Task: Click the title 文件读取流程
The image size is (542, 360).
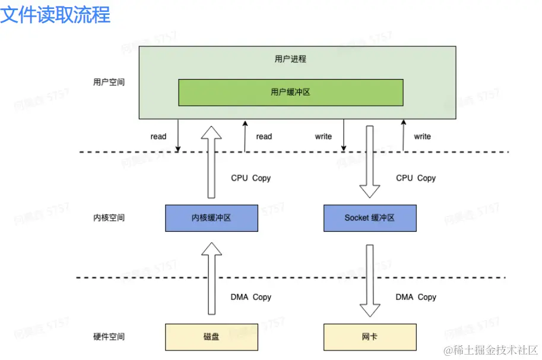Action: (x=55, y=14)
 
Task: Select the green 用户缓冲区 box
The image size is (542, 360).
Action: (x=291, y=92)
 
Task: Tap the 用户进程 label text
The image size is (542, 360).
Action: (x=290, y=59)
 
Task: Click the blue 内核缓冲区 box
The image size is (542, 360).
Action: (x=211, y=218)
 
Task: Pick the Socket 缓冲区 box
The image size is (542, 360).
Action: (x=370, y=218)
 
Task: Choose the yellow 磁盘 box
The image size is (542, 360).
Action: (x=211, y=337)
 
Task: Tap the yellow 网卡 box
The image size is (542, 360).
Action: (x=370, y=337)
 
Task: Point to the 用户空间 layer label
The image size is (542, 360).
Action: (x=109, y=82)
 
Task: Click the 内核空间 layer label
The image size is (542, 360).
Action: (x=109, y=218)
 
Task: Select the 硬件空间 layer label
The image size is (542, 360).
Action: (x=109, y=337)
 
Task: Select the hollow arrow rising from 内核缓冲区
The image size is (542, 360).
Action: (x=211, y=160)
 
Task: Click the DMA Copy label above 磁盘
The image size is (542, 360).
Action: (x=251, y=297)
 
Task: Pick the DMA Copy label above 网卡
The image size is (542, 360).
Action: (x=416, y=297)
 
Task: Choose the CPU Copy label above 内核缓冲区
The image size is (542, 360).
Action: (x=251, y=178)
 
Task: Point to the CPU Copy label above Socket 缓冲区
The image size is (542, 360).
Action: (x=416, y=178)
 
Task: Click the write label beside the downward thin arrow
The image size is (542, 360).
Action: (x=324, y=137)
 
